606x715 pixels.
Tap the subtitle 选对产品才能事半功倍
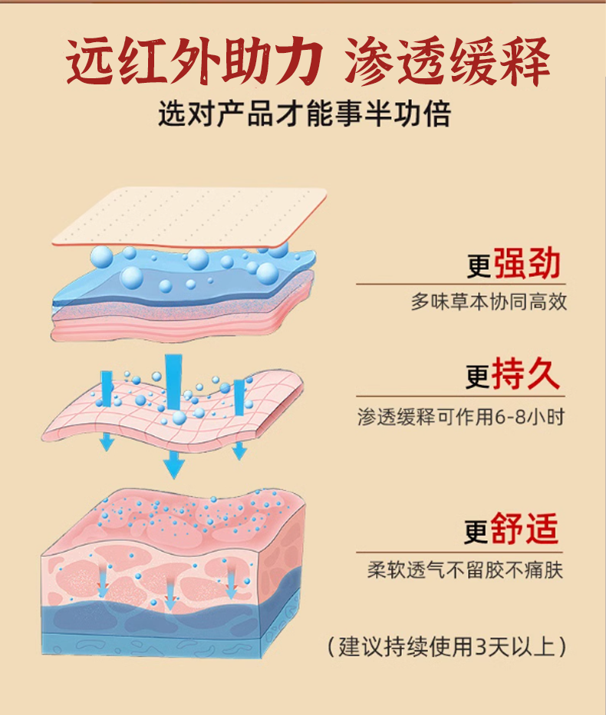pos(303,115)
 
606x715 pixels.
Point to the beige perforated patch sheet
pos(192,217)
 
